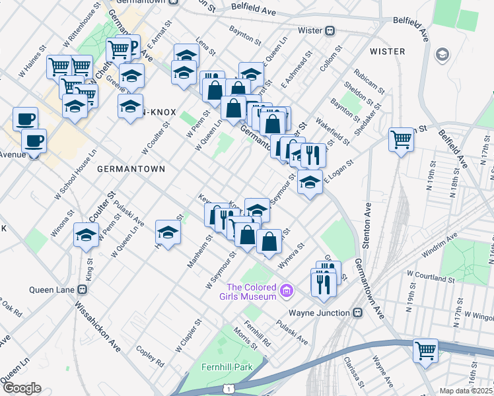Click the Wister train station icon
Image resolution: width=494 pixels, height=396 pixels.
coord(330,30)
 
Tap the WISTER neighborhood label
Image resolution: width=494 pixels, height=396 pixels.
coord(387,51)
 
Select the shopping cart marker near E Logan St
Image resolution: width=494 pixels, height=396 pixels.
coord(400,141)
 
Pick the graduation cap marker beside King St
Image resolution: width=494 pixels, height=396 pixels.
coord(86,235)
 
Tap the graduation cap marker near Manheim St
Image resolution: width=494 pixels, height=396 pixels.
coord(168,232)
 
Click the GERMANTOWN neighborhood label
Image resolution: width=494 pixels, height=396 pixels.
coord(131,169)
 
